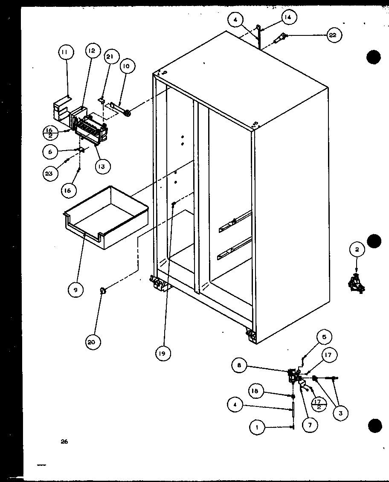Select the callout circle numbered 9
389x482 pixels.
75,289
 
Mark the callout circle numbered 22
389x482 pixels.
333,35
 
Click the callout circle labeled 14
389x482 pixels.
288,17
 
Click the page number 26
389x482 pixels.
64,442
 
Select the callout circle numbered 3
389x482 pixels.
341,412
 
